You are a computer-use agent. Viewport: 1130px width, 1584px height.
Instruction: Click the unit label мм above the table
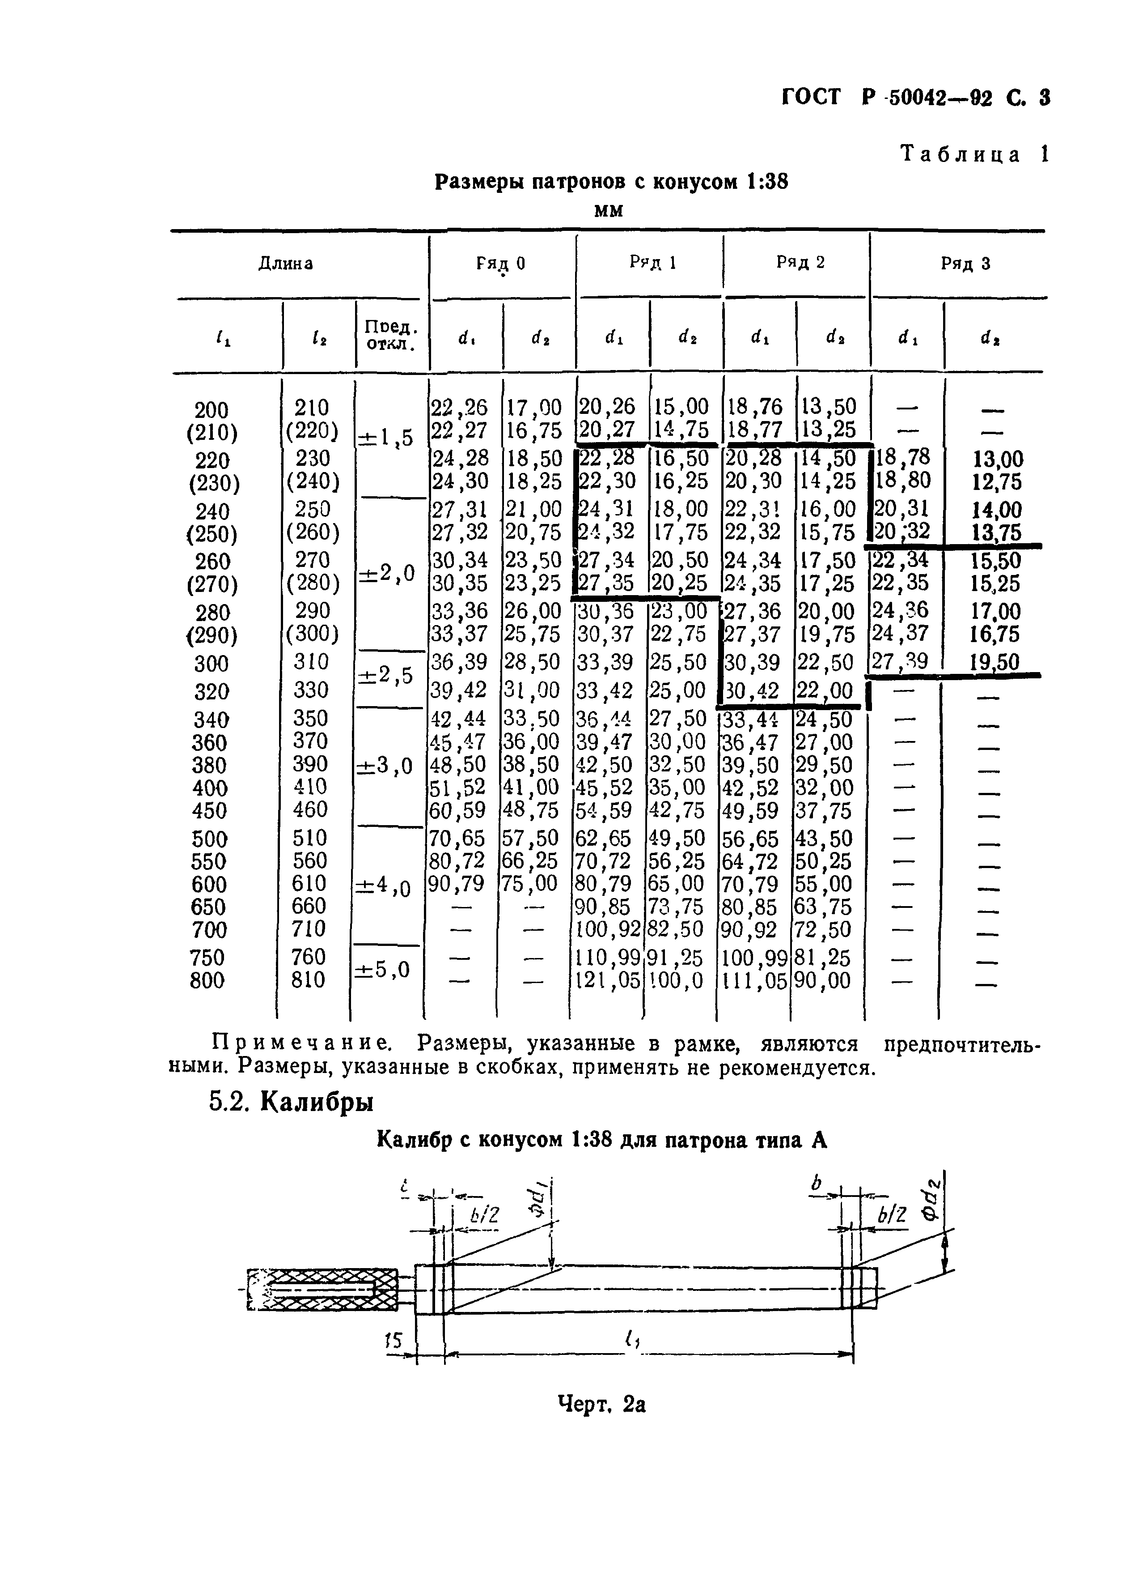point(609,209)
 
